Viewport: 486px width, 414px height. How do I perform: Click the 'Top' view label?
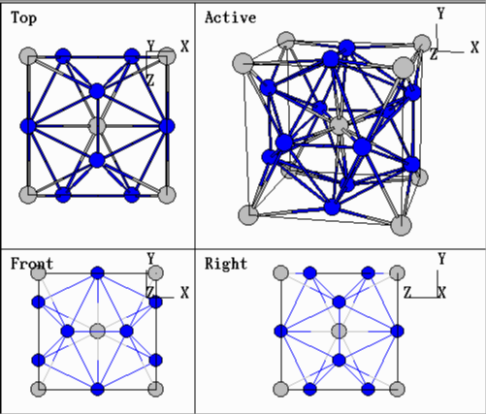click(x=23, y=17)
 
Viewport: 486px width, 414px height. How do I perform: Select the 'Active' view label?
click(x=230, y=17)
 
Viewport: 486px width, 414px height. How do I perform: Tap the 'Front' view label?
click(x=32, y=264)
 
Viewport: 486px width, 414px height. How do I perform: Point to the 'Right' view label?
click(x=226, y=264)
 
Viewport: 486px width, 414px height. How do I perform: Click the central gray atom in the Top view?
click(x=97, y=126)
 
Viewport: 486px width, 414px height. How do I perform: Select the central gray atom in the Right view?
click(x=340, y=331)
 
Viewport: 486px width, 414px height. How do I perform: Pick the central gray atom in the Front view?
click(x=97, y=331)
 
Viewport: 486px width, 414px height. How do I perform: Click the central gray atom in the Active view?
click(x=339, y=125)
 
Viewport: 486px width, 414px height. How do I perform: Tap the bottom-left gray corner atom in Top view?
click(x=28, y=195)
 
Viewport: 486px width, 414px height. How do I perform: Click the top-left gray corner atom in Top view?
click(x=28, y=56)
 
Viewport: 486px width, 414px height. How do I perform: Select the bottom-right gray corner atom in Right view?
click(x=397, y=389)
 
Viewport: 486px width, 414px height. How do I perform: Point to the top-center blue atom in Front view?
click(x=97, y=273)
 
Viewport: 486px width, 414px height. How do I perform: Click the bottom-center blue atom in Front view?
click(x=97, y=389)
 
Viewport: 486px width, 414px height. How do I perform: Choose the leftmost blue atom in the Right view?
click(x=281, y=331)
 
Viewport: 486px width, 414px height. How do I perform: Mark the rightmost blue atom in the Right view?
click(x=397, y=331)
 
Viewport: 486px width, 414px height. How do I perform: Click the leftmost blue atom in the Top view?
click(x=28, y=126)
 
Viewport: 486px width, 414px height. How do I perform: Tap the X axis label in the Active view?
click(x=474, y=48)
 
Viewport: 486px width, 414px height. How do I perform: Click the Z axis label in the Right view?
click(x=407, y=293)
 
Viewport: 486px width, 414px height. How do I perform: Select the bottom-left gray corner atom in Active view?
click(x=248, y=215)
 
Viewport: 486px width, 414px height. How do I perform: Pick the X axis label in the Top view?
click(x=184, y=47)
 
